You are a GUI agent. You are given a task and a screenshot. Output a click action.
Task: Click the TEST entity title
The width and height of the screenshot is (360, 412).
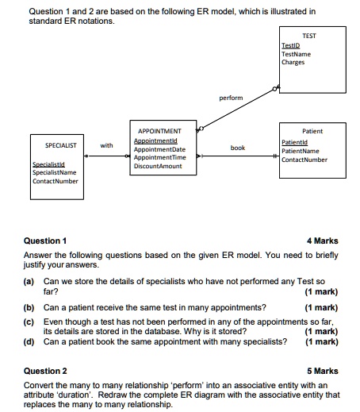click(x=310, y=37)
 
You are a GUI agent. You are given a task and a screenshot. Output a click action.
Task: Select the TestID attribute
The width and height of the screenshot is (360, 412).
click(x=290, y=46)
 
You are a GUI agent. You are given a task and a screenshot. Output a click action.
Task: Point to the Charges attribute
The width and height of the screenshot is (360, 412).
click(x=293, y=62)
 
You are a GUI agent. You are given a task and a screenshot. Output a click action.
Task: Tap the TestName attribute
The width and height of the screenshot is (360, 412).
click(x=296, y=54)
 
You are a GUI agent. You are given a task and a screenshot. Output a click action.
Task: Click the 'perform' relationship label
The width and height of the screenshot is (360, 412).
click(x=232, y=98)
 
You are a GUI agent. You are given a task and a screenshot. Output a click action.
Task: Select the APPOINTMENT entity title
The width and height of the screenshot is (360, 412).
click(x=159, y=131)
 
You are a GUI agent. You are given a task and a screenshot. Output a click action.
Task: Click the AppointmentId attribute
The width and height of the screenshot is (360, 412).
click(x=155, y=141)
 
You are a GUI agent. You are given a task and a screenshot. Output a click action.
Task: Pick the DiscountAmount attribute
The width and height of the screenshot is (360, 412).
click(x=159, y=166)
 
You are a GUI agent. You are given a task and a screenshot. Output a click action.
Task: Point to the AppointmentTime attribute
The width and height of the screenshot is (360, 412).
click(x=160, y=157)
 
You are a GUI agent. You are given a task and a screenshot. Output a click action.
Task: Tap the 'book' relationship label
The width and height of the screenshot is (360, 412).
click(x=238, y=148)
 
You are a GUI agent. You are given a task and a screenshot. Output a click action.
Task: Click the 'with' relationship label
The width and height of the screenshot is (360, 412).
click(x=107, y=145)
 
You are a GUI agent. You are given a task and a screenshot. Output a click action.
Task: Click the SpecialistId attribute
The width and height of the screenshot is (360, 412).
click(x=48, y=164)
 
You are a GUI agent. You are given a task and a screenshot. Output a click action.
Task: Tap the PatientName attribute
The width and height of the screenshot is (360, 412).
click(x=301, y=150)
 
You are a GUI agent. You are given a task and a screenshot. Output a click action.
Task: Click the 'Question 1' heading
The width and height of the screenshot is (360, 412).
click(x=46, y=241)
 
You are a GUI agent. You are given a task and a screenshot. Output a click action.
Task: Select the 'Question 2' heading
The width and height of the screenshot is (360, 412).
click(x=46, y=371)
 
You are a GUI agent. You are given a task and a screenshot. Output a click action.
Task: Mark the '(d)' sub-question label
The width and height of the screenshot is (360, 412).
click(x=29, y=342)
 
